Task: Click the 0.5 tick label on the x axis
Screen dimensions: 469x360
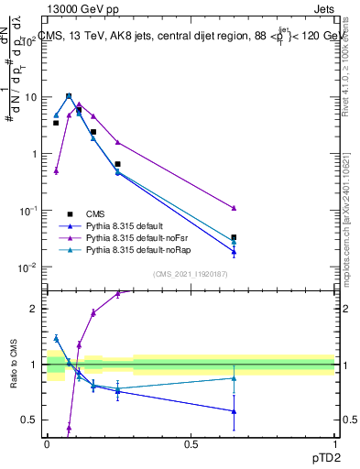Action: pyautogui.click(x=191, y=442)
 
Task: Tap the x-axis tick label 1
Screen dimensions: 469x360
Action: pyautogui.click(x=334, y=442)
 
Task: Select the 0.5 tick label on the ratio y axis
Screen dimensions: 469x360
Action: pyautogui.click(x=33, y=420)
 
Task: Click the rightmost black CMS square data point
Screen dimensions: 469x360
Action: pyautogui.click(x=234, y=237)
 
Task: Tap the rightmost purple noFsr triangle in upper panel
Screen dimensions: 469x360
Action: pyautogui.click(x=234, y=208)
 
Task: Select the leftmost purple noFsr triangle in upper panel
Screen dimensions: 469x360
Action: pyautogui.click(x=56, y=170)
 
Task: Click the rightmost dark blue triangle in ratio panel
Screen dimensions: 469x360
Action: pyautogui.click(x=234, y=410)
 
